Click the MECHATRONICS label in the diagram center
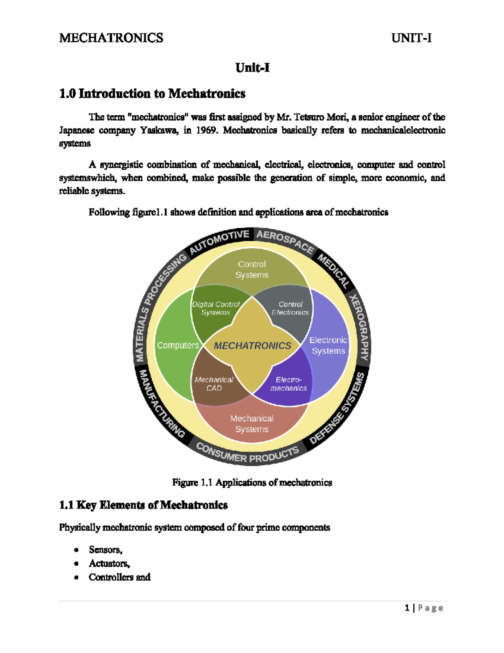252,346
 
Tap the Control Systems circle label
252,270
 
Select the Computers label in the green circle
178,345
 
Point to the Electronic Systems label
328,345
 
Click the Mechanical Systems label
252,423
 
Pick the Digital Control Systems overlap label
215,308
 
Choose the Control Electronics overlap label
290,308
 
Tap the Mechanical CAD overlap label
214,383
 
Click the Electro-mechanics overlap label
289,383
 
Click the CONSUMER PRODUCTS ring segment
248,454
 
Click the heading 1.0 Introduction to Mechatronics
152,93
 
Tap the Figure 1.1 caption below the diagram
252,482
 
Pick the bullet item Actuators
109,563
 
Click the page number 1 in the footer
407,608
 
